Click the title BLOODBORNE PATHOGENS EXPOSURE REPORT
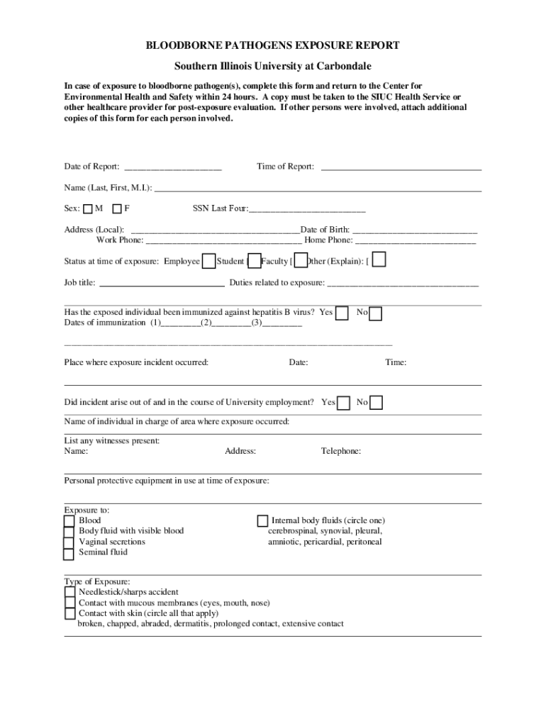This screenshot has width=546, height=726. click(x=272, y=45)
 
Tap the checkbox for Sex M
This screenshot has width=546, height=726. click(x=87, y=209)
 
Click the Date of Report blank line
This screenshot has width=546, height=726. click(x=173, y=168)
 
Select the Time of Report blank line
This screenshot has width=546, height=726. click(x=401, y=168)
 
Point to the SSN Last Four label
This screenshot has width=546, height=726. click(x=220, y=209)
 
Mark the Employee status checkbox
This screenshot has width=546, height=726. click(x=209, y=261)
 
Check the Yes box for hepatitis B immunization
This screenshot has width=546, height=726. click(x=342, y=313)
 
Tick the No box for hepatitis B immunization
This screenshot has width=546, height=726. click(x=376, y=313)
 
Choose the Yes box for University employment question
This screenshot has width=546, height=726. click(x=344, y=403)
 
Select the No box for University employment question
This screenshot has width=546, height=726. click(x=377, y=403)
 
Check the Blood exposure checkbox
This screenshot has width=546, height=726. click(x=69, y=521)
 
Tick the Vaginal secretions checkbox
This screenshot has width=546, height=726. click(x=69, y=542)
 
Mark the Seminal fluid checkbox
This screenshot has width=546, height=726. click(x=69, y=553)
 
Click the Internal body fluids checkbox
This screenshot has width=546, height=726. click(x=262, y=521)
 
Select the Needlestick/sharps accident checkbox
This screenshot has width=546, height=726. click(x=69, y=592)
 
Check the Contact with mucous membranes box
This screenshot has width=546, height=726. click(x=69, y=603)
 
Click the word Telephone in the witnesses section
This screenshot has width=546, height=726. click(x=341, y=451)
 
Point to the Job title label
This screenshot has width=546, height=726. click(x=80, y=283)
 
